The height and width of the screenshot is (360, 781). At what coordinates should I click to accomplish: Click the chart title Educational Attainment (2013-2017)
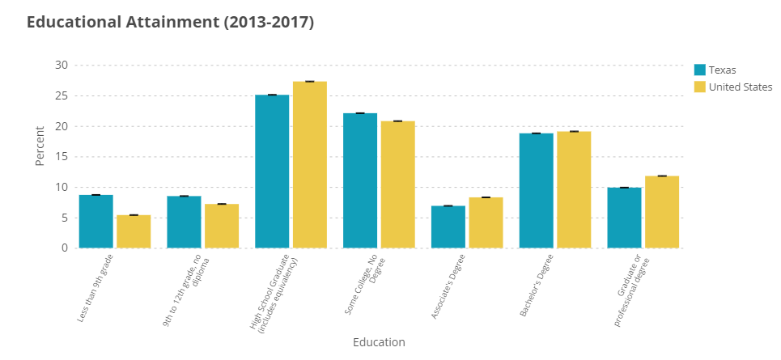(170, 23)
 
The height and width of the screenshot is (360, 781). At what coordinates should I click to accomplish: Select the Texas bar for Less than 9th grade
(96, 222)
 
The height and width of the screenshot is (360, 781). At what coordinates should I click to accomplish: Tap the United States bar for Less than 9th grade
(134, 231)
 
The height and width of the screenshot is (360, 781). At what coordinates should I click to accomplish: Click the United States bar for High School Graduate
(310, 165)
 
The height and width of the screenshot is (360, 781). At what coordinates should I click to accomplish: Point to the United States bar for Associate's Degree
(486, 222)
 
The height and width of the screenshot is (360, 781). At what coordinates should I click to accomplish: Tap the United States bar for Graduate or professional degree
(662, 212)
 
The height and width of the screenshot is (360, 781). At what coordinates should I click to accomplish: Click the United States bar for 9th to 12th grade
(222, 226)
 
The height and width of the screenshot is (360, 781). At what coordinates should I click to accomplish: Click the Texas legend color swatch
(701, 70)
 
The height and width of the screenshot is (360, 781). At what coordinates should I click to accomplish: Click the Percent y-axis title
(40, 146)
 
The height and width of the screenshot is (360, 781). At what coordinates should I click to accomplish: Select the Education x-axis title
(379, 342)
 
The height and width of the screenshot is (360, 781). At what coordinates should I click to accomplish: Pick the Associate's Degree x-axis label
(448, 288)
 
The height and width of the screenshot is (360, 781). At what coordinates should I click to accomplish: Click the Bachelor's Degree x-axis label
(536, 288)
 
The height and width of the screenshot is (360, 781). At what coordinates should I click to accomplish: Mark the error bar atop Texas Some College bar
(360, 113)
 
